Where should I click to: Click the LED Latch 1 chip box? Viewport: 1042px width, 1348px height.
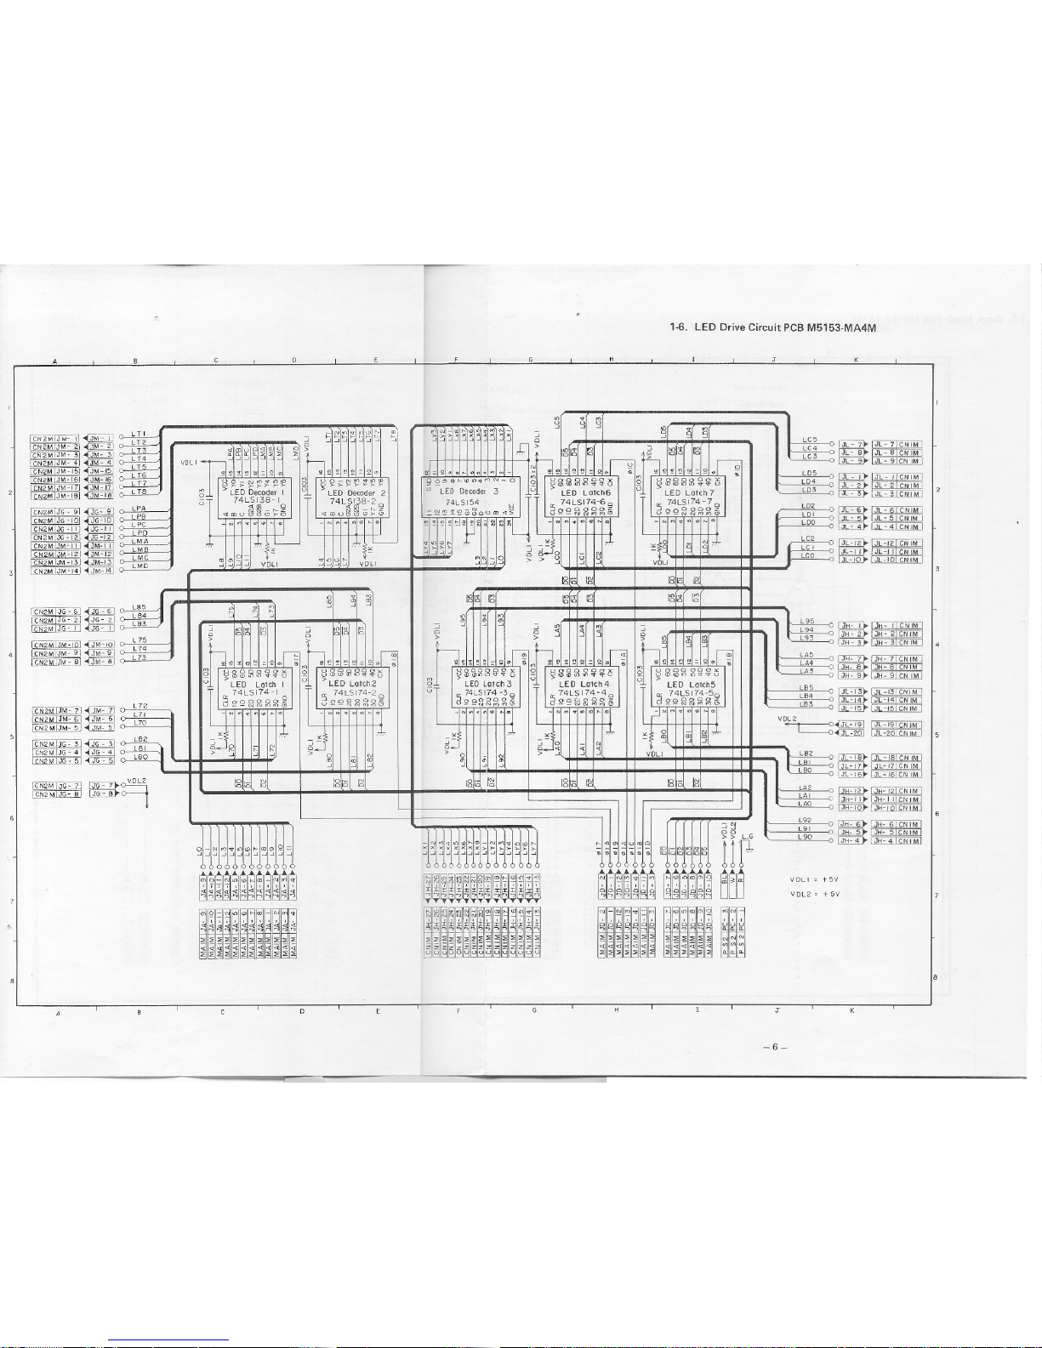254,687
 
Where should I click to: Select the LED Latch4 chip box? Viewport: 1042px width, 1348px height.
584,687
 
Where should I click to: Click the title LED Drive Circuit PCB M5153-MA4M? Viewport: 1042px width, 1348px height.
773,327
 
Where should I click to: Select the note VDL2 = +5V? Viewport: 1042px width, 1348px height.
814,894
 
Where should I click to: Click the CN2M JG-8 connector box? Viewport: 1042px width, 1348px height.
56,794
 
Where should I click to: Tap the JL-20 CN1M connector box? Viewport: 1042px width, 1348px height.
896,733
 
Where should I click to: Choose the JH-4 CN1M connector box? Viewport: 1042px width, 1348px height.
896,841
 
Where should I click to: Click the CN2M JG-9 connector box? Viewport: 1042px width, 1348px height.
56,512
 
